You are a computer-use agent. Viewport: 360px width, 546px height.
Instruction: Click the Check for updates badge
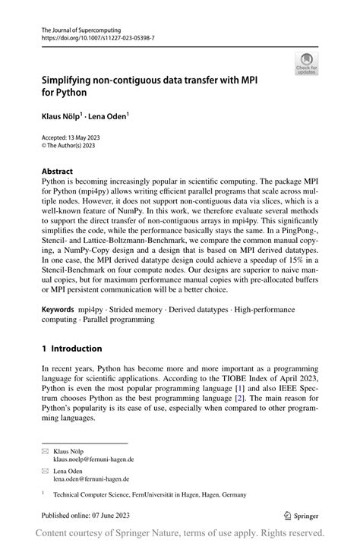click(306, 63)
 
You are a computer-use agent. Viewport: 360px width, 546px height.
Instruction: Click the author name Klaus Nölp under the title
click(66, 118)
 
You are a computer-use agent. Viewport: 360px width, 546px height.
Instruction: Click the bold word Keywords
click(58, 310)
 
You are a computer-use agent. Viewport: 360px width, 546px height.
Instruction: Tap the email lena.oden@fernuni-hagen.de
click(91, 479)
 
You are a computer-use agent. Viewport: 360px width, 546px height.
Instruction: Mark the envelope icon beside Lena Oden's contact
click(45, 471)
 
